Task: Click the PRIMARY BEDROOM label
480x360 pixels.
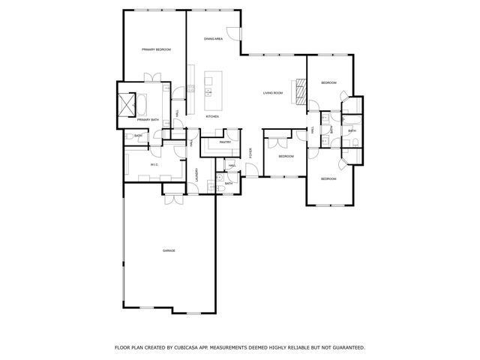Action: tap(156, 49)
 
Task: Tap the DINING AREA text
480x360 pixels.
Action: tap(214, 38)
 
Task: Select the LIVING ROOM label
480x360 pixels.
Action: tap(272, 93)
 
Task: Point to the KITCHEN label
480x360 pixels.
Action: tap(212, 117)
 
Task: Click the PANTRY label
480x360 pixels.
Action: tap(224, 142)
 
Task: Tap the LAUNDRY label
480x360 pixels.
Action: tap(196, 174)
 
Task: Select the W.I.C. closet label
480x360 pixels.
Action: tap(153, 164)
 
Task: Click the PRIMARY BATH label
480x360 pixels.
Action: tap(148, 119)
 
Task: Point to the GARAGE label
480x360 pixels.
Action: tap(169, 250)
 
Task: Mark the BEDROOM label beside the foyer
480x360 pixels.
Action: tap(286, 156)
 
